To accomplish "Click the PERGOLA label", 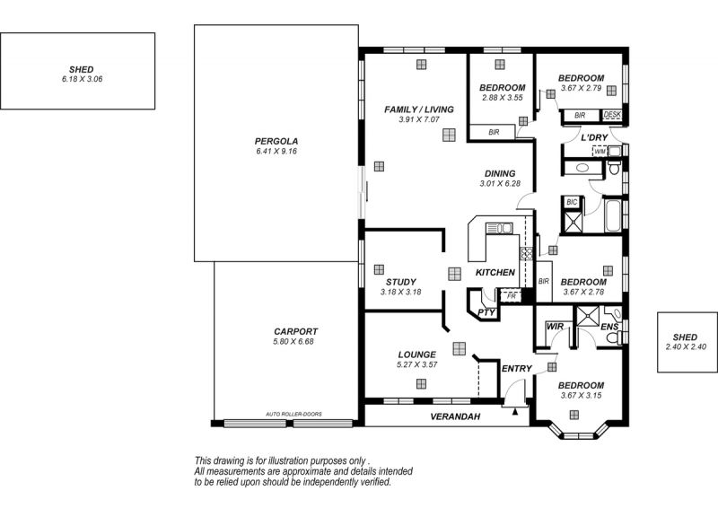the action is (276, 142).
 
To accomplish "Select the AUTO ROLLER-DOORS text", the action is (293, 414).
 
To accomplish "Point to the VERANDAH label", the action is (455, 416).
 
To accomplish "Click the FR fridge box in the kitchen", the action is (511, 296).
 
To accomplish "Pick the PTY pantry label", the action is (486, 313).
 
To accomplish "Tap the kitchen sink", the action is (500, 228).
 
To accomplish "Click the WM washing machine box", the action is (600, 151).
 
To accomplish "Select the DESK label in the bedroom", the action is (612, 115).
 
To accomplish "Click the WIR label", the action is (555, 327).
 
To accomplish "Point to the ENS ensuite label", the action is (609, 327).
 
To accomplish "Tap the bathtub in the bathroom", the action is (613, 215).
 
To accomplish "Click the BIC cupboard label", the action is (572, 202).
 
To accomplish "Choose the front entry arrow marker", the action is (515, 411).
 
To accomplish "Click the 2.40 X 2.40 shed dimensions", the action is (686, 346).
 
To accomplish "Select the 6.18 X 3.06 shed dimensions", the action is (82, 79).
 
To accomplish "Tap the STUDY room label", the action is (400, 282).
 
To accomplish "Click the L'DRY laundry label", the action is (594, 137).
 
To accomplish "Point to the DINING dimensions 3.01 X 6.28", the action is (500, 184).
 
